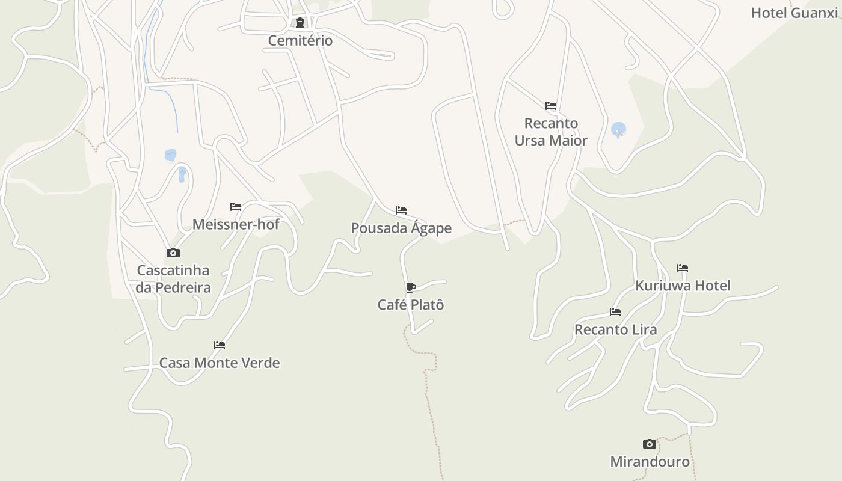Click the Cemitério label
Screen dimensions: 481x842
point(300,41)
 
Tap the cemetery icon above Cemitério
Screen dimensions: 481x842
point(300,23)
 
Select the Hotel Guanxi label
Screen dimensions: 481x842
point(794,13)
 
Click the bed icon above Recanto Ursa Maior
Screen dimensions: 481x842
point(551,106)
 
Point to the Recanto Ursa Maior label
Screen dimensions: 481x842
point(551,132)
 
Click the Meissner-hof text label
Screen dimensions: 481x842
point(236,224)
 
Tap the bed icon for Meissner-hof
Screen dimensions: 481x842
point(236,207)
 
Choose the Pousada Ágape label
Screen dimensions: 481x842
point(401,228)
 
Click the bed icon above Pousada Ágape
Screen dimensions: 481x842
point(401,210)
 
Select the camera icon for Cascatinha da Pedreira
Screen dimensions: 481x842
point(173,253)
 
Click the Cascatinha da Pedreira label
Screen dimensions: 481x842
point(173,278)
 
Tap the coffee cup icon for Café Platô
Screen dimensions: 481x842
point(411,287)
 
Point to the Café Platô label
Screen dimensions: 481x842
point(411,305)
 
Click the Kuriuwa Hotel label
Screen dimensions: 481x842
point(683,286)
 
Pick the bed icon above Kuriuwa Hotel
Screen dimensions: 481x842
point(683,268)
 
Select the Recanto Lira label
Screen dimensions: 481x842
point(615,330)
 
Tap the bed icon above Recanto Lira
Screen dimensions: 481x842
point(615,312)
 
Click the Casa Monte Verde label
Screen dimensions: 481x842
point(220,363)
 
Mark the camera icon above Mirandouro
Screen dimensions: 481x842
point(650,444)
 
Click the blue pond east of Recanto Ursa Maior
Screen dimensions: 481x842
point(618,129)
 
